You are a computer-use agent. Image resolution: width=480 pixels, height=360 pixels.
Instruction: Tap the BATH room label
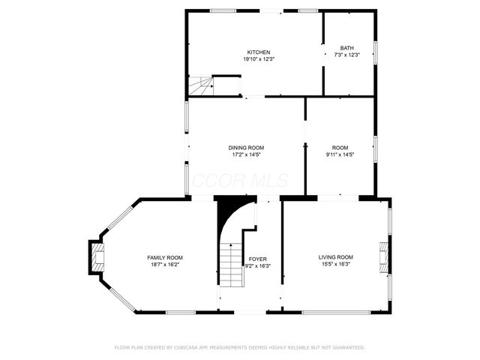tap(346, 47)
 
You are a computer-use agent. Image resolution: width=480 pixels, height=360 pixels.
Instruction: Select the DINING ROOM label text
tap(246, 148)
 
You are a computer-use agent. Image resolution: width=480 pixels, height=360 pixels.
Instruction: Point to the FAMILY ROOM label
tap(164, 257)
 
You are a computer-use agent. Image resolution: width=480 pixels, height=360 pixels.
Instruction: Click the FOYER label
tap(258, 259)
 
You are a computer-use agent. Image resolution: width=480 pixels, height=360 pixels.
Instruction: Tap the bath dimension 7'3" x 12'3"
tap(346, 54)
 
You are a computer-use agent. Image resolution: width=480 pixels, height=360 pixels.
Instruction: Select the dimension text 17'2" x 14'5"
tap(246, 154)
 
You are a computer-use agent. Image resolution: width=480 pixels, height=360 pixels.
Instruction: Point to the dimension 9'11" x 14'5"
tap(340, 154)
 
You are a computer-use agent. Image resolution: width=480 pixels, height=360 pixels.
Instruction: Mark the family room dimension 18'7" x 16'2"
tap(164, 264)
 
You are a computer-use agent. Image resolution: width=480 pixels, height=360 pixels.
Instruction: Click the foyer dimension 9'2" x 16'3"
tap(258, 265)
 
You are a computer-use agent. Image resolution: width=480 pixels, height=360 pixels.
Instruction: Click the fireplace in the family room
tap(97, 258)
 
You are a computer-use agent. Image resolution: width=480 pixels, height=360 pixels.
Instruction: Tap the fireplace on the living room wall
tap(384, 257)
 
